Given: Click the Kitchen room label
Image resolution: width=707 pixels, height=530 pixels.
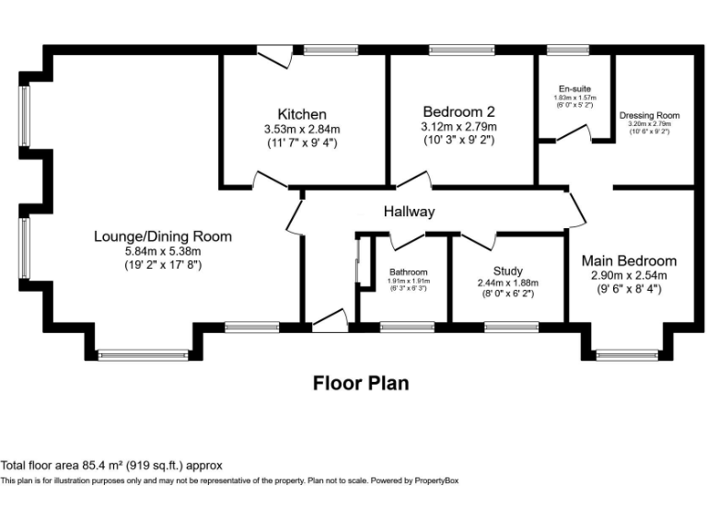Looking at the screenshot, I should coord(302,114).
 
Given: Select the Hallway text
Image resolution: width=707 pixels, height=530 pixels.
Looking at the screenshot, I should coord(409,212).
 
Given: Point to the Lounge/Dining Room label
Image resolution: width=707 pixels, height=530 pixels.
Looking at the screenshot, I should coord(163,236).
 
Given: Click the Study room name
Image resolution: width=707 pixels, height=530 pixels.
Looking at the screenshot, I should coord(507,271).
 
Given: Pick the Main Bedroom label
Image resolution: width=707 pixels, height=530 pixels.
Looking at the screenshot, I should coord(633,260).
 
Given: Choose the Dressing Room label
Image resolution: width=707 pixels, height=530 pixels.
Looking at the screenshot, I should coord(649,115).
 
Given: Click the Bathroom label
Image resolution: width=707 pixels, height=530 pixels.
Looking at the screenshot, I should coord(408,272).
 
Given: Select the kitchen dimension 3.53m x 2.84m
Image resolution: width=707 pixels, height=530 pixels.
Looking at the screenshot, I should coord(302,129).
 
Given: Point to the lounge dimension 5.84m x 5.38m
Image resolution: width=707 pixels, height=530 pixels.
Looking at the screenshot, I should coord(162,251).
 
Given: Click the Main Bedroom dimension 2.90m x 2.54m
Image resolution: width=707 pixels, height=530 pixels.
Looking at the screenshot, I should coord(633,275).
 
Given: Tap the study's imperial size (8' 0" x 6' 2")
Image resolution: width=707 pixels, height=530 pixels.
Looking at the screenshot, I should coord(507,294).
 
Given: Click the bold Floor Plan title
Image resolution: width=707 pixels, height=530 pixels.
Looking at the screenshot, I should coord(361,382).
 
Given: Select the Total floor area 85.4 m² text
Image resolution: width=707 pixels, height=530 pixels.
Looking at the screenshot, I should coord(111,466).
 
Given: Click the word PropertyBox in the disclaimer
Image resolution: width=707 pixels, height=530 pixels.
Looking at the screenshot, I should coord(436,480).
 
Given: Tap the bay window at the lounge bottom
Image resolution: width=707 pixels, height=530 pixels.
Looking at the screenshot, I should coord(143,353).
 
